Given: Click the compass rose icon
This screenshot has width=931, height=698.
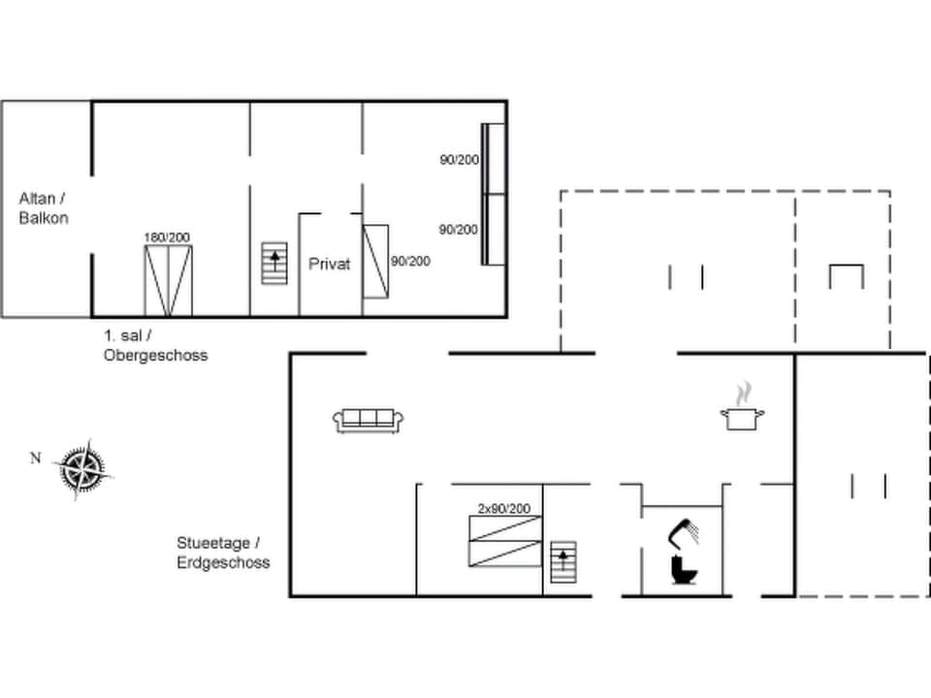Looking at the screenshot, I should click(84, 469).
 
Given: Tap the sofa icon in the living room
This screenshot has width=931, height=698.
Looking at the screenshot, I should click(368, 419).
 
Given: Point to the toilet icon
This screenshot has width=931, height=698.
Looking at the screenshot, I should click(685, 569).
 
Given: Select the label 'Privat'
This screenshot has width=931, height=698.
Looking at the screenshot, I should click(329, 264).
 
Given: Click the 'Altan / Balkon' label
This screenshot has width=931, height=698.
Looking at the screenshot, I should click(44, 207).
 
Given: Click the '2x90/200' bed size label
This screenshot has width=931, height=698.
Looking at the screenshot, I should click(503, 508).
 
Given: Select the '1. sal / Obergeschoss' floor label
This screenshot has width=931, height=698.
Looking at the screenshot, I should click(155, 345).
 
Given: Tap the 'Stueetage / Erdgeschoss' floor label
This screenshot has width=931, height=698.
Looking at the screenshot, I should click(223, 553).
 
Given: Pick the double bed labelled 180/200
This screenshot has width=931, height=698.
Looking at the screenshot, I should click(168, 281).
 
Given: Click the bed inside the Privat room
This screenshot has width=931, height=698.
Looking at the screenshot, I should click(375, 261).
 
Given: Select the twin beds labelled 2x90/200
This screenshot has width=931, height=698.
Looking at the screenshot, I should click(504, 541).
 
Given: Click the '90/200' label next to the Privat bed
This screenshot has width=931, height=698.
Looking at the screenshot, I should click(410, 261).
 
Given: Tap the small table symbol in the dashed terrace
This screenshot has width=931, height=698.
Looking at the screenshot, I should click(846, 276).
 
